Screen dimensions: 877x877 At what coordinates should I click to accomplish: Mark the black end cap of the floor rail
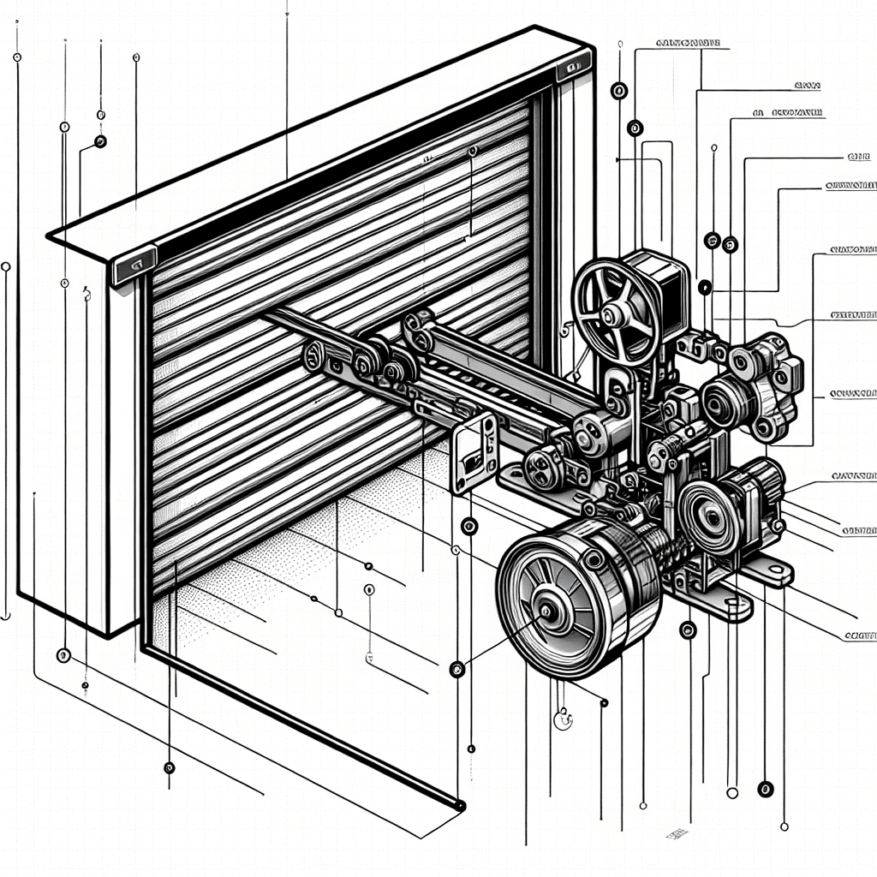[460, 805]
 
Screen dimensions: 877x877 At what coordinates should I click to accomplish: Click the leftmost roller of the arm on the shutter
[313, 354]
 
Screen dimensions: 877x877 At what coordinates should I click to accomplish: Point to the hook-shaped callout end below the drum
[563, 720]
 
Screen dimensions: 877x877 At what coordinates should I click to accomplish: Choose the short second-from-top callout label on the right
[806, 87]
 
